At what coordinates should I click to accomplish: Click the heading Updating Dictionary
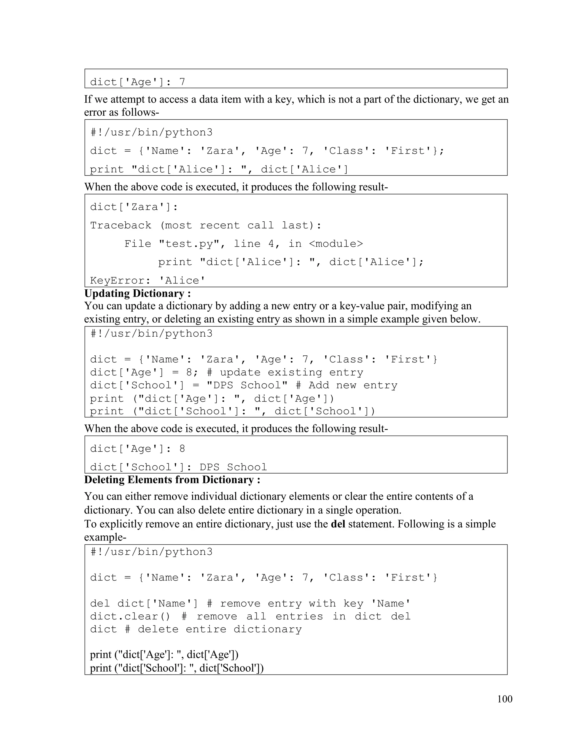(x=137, y=293)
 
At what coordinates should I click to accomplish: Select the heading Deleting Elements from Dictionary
(x=172, y=480)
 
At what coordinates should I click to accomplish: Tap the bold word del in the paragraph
(x=338, y=524)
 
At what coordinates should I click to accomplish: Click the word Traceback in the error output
(x=121, y=225)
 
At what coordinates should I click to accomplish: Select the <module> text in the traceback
(x=336, y=244)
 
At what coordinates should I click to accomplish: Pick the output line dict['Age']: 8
(x=137, y=449)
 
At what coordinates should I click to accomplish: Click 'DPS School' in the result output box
(x=233, y=467)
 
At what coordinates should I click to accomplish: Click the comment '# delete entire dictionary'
(x=213, y=629)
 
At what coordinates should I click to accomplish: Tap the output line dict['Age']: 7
(x=137, y=82)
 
